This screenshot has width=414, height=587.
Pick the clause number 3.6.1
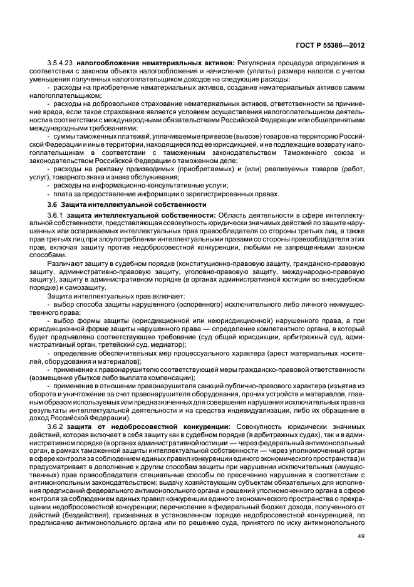[x=56, y=215]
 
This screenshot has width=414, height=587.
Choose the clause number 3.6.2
[x=56, y=427]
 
